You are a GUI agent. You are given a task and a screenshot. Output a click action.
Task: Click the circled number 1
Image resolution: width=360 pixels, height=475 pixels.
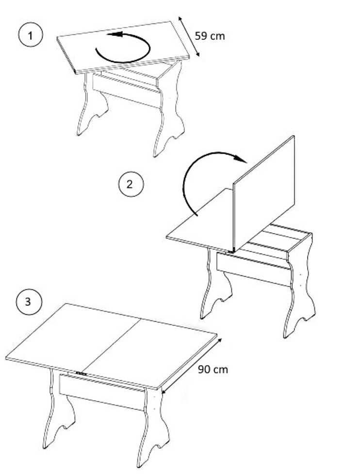31,36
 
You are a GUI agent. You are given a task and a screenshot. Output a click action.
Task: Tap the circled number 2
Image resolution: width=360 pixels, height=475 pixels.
131,184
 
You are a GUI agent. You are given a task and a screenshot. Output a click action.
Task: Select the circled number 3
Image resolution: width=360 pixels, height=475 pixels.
28,302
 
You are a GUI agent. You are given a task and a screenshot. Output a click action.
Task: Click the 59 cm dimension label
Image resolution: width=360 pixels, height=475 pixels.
210,36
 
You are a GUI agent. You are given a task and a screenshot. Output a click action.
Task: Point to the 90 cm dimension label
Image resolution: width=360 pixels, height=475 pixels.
213,370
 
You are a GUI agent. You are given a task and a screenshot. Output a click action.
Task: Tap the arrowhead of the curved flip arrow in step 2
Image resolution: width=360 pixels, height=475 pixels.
241,158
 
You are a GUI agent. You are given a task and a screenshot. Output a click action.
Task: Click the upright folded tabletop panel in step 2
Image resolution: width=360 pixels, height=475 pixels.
264,194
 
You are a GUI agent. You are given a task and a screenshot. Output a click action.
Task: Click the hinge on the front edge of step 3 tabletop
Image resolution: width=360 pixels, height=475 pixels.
82,374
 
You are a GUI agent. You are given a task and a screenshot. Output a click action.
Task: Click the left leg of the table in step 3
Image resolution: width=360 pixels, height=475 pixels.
57,409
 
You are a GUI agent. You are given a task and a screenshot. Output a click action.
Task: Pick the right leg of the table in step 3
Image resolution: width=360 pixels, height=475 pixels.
154,427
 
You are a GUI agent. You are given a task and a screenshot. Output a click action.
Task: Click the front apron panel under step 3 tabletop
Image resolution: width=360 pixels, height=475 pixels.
102,392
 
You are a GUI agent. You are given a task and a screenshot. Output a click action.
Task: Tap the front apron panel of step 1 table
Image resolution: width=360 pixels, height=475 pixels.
126,90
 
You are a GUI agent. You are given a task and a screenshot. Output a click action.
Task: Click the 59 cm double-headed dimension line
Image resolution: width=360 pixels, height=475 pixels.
189,36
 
